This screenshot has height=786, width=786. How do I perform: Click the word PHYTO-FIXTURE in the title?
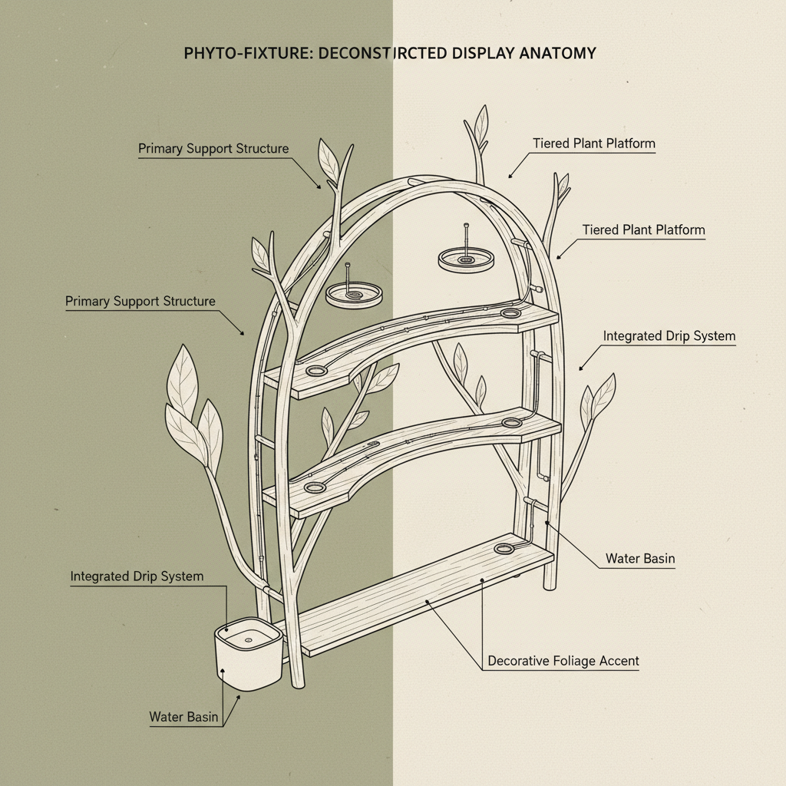(234, 54)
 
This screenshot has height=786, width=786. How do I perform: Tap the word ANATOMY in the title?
(562, 54)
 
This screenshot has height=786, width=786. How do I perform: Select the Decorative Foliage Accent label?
(563, 661)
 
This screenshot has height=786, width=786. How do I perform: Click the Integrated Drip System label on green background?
(137, 576)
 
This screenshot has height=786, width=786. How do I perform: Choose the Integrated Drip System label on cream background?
(669, 336)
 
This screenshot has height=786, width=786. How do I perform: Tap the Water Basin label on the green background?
(183, 717)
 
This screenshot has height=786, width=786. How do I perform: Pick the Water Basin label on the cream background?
(640, 559)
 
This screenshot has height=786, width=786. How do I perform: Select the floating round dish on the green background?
(354, 293)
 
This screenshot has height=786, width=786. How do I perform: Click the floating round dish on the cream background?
(466, 258)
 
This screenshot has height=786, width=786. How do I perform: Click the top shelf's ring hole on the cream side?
(510, 313)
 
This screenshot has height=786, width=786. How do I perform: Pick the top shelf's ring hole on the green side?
(315, 372)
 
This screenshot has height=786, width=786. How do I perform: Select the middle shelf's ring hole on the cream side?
(511, 422)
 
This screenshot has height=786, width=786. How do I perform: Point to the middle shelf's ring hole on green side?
(313, 487)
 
